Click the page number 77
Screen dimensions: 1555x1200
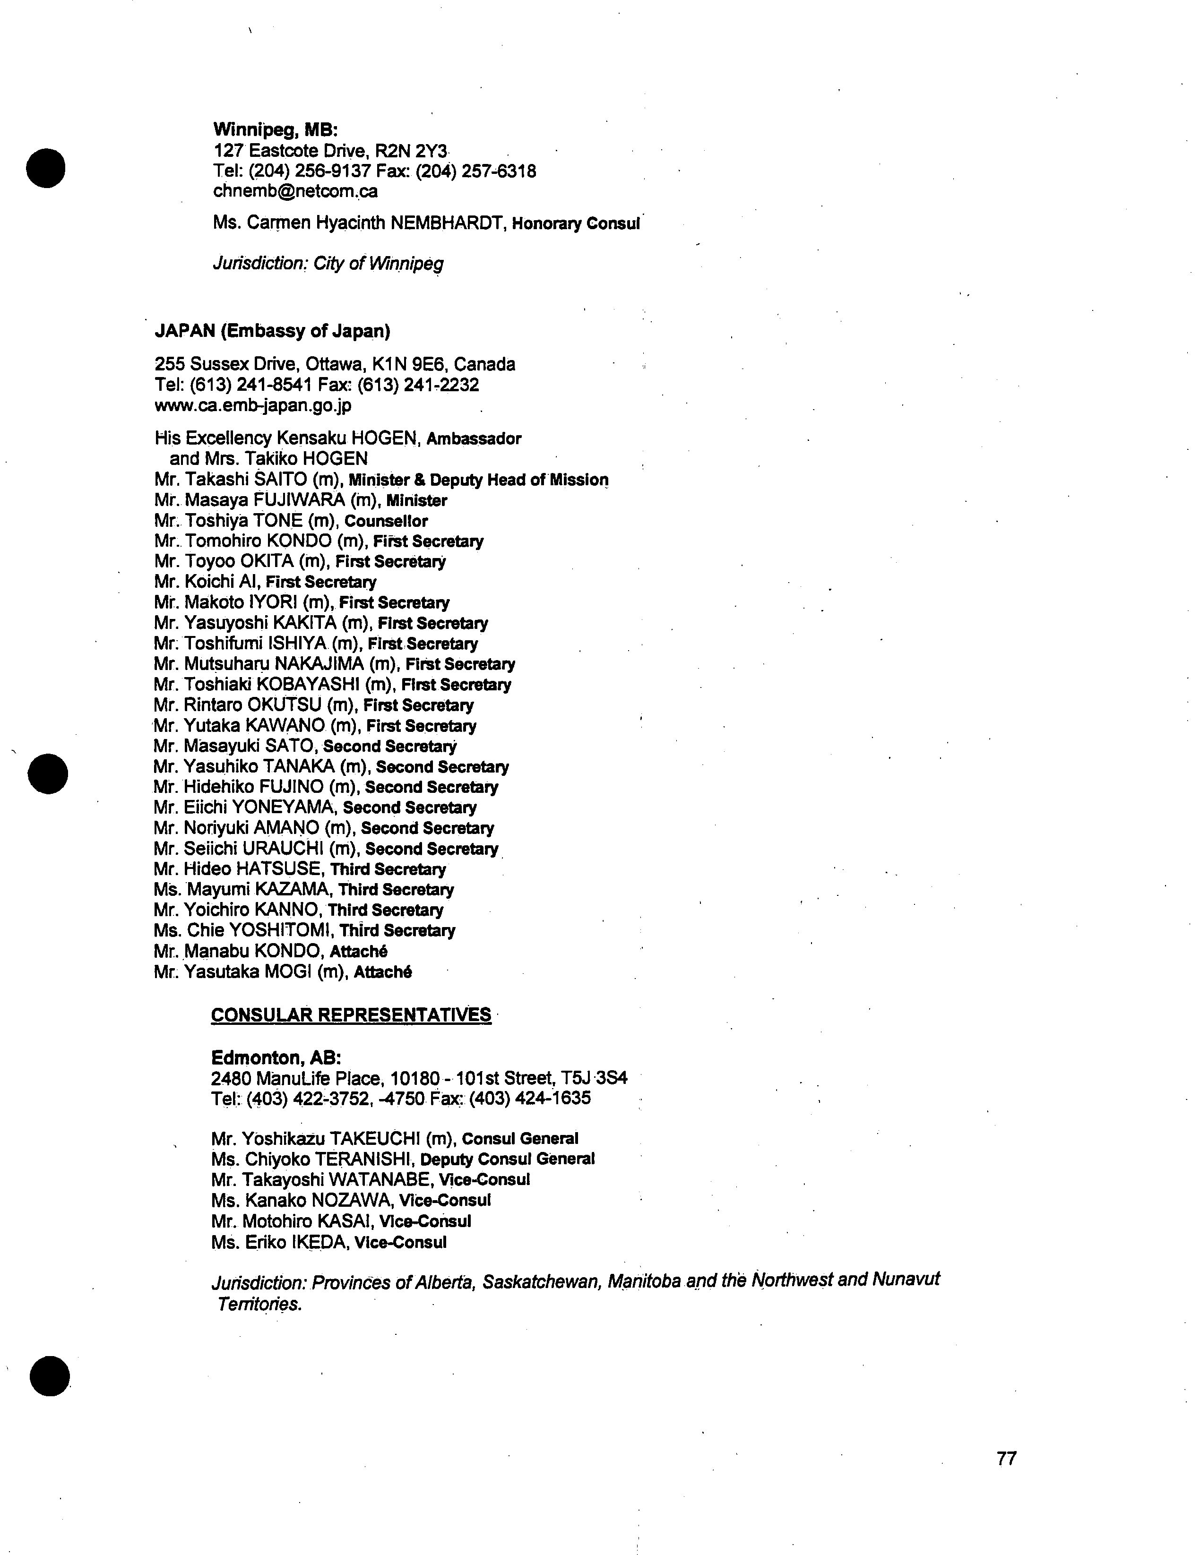pyautogui.click(x=1006, y=1458)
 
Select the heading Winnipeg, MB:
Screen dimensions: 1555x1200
pyautogui.click(x=275, y=130)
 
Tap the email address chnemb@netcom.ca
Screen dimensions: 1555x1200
pyautogui.click(x=295, y=191)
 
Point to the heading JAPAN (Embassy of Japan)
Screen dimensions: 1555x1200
pyautogui.click(x=272, y=331)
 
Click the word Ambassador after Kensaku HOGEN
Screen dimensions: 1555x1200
pyautogui.click(x=474, y=438)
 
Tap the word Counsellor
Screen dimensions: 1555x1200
pyautogui.click(x=386, y=521)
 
